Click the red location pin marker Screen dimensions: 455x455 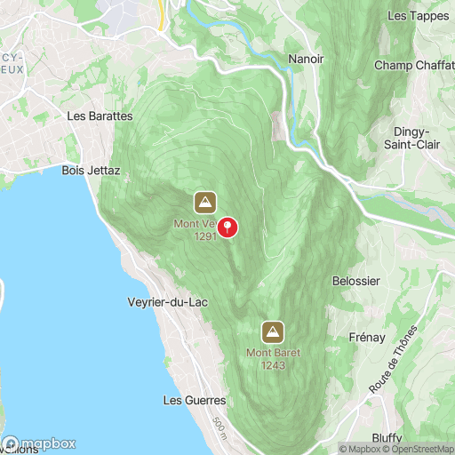click(228, 227)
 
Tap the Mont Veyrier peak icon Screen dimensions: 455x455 click(205, 200)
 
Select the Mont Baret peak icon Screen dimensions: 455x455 click(273, 333)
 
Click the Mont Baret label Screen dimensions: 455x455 click(273, 353)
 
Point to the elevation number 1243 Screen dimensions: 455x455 click(273, 365)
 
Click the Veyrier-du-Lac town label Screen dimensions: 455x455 click(168, 302)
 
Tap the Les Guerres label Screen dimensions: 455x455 click(195, 401)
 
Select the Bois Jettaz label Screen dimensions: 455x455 click(91, 170)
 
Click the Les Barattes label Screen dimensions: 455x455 click(100, 116)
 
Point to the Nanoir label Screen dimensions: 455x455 click(306, 59)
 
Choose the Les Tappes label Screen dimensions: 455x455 click(417, 16)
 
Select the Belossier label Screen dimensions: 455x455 click(355, 281)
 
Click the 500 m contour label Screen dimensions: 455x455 click(220, 430)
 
